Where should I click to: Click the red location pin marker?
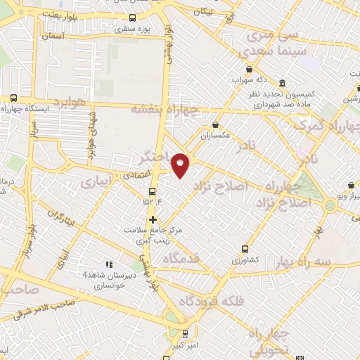pyautogui.click(x=181, y=165)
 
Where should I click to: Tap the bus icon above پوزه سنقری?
pyautogui.click(x=132, y=19)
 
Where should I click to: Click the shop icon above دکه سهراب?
pyautogui.click(x=236, y=80)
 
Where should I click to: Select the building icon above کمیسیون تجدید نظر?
pyautogui.click(x=282, y=82)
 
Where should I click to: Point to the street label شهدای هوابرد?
pyautogui.click(x=91, y=136)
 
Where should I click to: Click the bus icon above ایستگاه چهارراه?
pyautogui.click(x=14, y=98)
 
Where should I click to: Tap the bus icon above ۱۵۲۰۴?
pyautogui.click(x=153, y=191)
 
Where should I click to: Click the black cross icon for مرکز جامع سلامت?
pyautogui.click(x=153, y=219)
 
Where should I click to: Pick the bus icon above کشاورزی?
pyautogui.click(x=245, y=248)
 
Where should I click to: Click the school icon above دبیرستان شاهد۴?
pyautogui.click(x=108, y=264)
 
